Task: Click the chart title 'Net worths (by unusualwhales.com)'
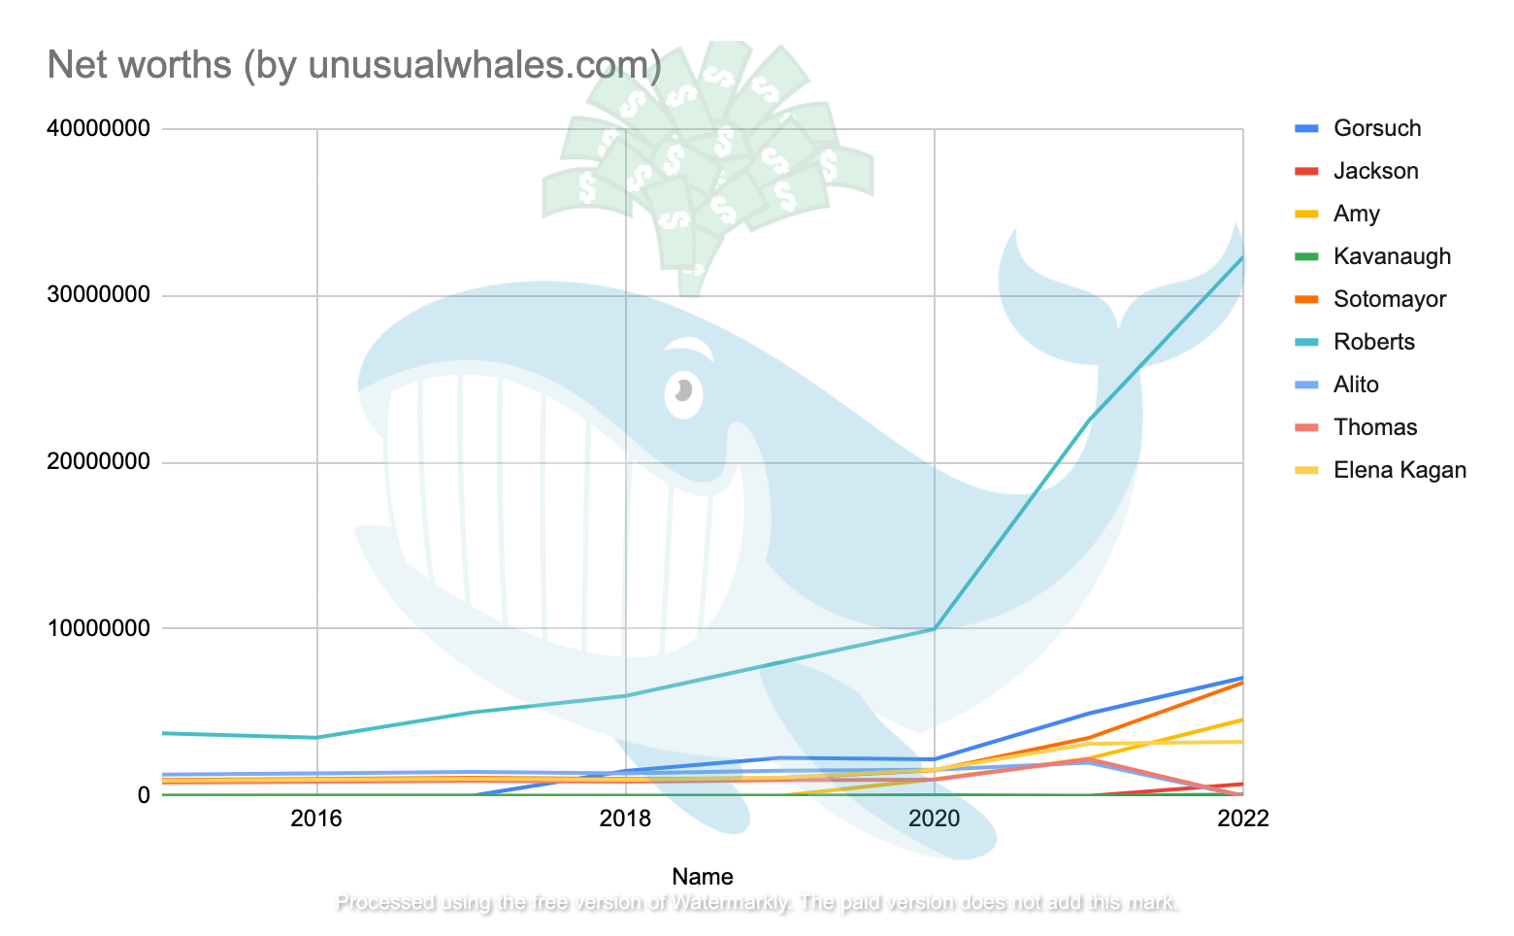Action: point(354,65)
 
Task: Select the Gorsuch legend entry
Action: point(1376,128)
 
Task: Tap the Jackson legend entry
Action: point(1375,171)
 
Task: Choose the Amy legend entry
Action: point(1356,214)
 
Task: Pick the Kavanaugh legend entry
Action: point(1392,256)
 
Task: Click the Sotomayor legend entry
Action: point(1389,299)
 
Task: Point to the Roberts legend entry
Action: point(1373,342)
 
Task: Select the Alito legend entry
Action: point(1356,384)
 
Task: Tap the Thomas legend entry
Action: point(1374,427)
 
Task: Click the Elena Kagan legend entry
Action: point(1399,470)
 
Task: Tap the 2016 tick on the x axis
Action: point(316,819)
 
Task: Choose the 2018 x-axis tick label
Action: point(625,819)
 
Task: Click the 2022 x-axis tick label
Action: point(1242,819)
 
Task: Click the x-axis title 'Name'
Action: point(703,877)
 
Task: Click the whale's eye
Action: point(683,391)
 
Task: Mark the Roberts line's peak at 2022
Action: point(1241,257)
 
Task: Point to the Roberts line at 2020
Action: point(934,629)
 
